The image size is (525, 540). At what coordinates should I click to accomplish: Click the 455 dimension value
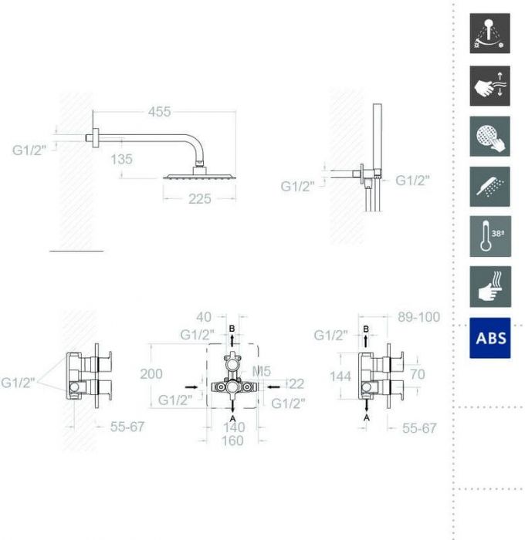pos(159,113)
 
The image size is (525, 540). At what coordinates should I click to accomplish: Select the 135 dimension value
pos(121,159)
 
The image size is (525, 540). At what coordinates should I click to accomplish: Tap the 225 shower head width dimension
pos(199,199)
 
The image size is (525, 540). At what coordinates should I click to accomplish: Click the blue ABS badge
pos(490,338)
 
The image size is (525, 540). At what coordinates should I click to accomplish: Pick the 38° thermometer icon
pos(490,237)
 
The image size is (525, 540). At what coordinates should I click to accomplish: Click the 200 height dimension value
pos(151,374)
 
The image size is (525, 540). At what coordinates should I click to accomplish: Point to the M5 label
pos(262,373)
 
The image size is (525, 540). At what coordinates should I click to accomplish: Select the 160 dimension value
pos(232,440)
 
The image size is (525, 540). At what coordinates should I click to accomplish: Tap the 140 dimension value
pos(232,427)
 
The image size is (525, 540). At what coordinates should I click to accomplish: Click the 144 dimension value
pos(340,376)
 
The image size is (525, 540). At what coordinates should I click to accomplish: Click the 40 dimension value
pos(204,317)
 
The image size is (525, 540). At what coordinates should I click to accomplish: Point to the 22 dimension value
pos(296,383)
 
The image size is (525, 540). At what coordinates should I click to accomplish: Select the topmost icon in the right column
pos(490,34)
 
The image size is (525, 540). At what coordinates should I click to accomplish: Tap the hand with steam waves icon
pos(490,287)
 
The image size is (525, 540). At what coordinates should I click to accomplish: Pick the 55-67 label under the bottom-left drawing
pos(127,427)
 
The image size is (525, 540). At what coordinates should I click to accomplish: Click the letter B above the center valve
pos(232,329)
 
